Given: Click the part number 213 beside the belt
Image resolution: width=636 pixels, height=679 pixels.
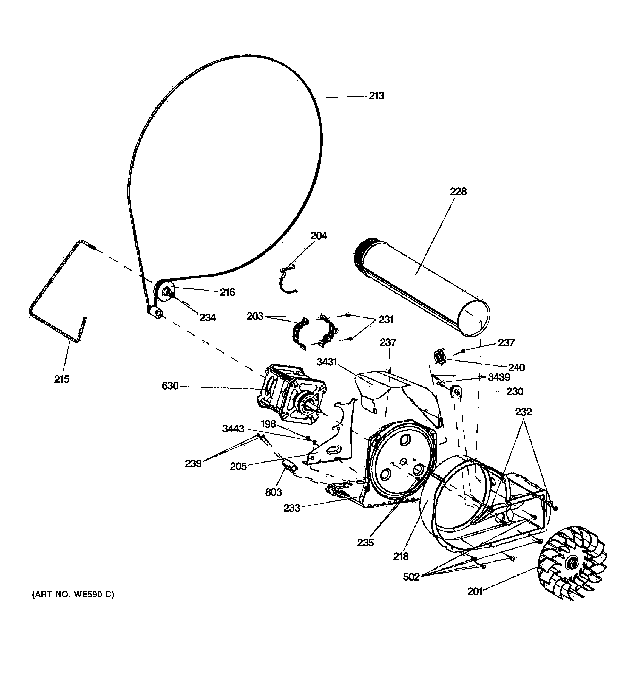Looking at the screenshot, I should click(x=376, y=96).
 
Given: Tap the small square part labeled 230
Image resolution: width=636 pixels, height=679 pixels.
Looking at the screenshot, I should click(x=456, y=392).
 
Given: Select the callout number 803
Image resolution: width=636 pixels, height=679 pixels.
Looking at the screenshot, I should click(x=273, y=492).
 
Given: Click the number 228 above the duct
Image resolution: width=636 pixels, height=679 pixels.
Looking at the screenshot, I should click(x=458, y=191).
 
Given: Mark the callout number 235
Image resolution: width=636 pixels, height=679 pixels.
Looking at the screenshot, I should click(x=366, y=543).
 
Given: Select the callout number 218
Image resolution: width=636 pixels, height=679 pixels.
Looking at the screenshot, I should click(x=401, y=556).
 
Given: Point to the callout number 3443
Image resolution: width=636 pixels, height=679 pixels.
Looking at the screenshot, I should click(x=233, y=429).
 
